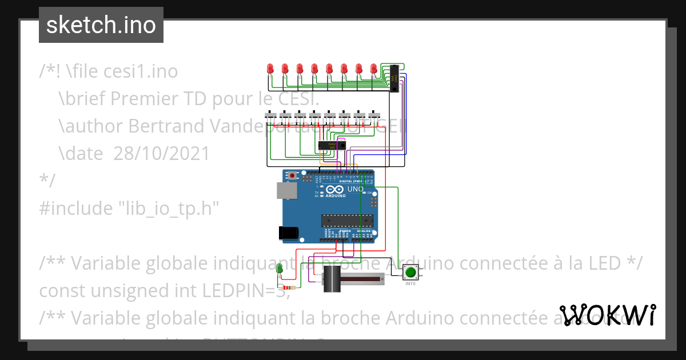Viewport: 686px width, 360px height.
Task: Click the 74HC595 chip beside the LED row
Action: pyautogui.click(x=394, y=79)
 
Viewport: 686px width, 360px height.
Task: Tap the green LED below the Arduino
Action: pyautogui.click(x=280, y=269)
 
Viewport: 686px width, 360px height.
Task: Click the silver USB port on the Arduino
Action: pyautogui.click(x=286, y=190)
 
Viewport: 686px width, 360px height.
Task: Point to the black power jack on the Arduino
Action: pyautogui.click(x=288, y=232)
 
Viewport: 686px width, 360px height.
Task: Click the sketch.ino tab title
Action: pyautogui.click(x=101, y=25)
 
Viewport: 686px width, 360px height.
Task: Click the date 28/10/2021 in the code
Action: pyautogui.click(x=161, y=153)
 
